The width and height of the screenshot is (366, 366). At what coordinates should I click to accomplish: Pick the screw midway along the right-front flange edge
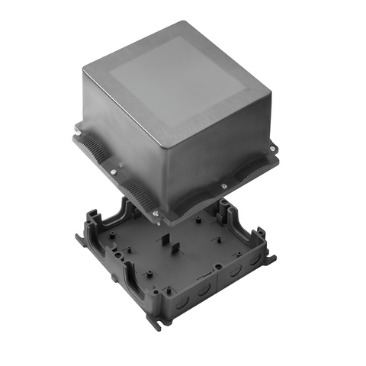click(223, 185)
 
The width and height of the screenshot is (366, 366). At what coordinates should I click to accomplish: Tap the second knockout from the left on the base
click(202, 289)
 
